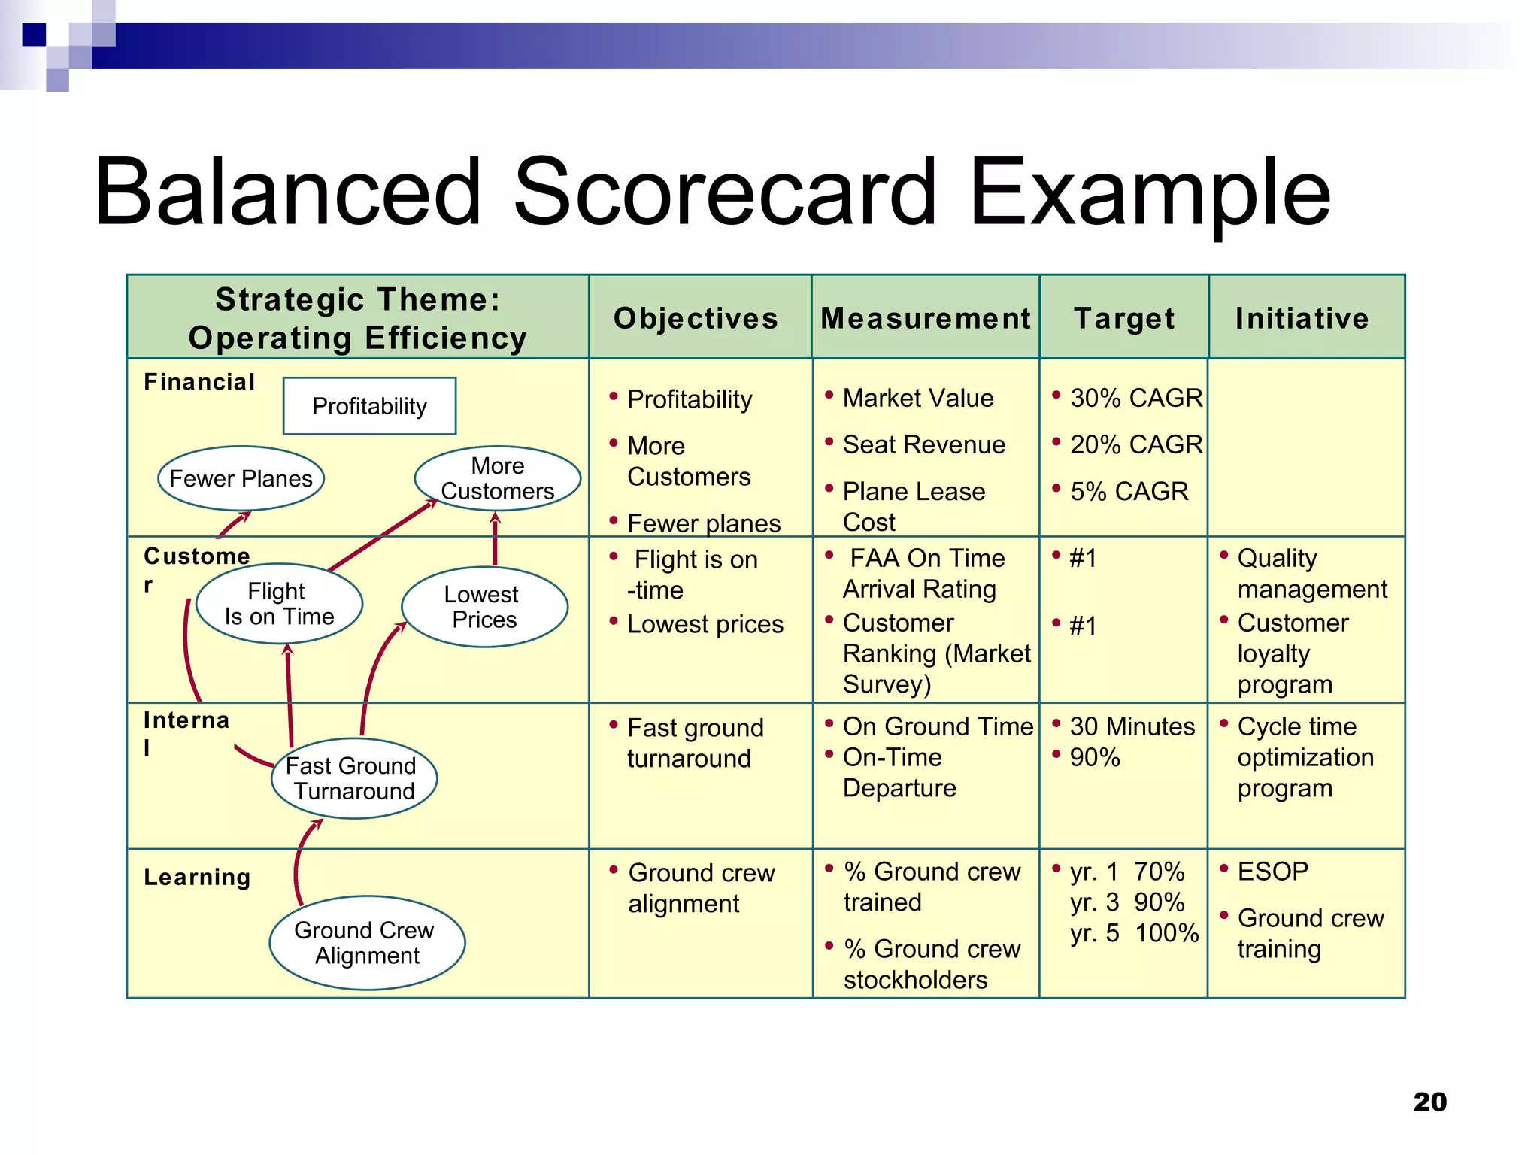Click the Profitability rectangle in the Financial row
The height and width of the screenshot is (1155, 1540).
click(x=369, y=406)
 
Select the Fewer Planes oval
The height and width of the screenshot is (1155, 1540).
click(x=241, y=478)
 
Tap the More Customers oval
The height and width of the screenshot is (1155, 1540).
click(x=497, y=478)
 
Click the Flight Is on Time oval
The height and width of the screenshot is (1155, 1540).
click(x=279, y=604)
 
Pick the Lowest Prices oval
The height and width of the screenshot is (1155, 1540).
click(x=484, y=607)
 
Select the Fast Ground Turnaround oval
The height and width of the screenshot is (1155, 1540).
click(x=353, y=778)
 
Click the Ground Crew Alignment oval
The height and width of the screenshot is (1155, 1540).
click(x=367, y=943)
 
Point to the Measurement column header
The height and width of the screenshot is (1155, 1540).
click(x=925, y=318)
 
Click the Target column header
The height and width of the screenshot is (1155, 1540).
click(x=1124, y=318)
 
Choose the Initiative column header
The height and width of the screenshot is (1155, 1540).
click(x=1302, y=318)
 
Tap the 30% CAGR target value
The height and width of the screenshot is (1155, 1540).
click(x=1135, y=398)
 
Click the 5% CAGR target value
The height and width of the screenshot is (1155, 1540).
click(x=1129, y=491)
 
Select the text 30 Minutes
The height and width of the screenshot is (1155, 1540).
click(x=1132, y=726)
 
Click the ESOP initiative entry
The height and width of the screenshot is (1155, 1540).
click(x=1272, y=871)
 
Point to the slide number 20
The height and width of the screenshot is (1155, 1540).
click(x=1429, y=1102)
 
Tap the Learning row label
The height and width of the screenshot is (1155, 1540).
click(x=197, y=877)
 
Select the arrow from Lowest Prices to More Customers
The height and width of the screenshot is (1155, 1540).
click(x=495, y=538)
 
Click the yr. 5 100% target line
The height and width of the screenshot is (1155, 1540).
click(x=1134, y=933)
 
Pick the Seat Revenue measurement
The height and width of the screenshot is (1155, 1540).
click(x=923, y=444)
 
